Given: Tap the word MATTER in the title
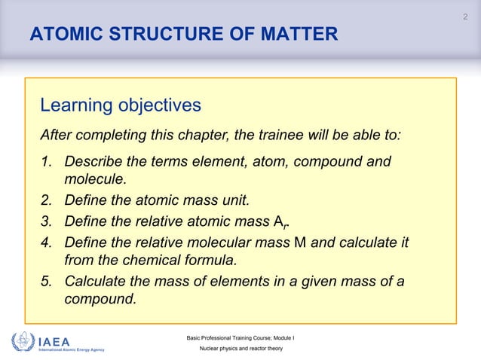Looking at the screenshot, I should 296,35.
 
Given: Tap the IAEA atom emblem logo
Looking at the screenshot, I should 23,343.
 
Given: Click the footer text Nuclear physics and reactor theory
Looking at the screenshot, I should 240,351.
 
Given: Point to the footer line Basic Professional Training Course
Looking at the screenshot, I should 240,337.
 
